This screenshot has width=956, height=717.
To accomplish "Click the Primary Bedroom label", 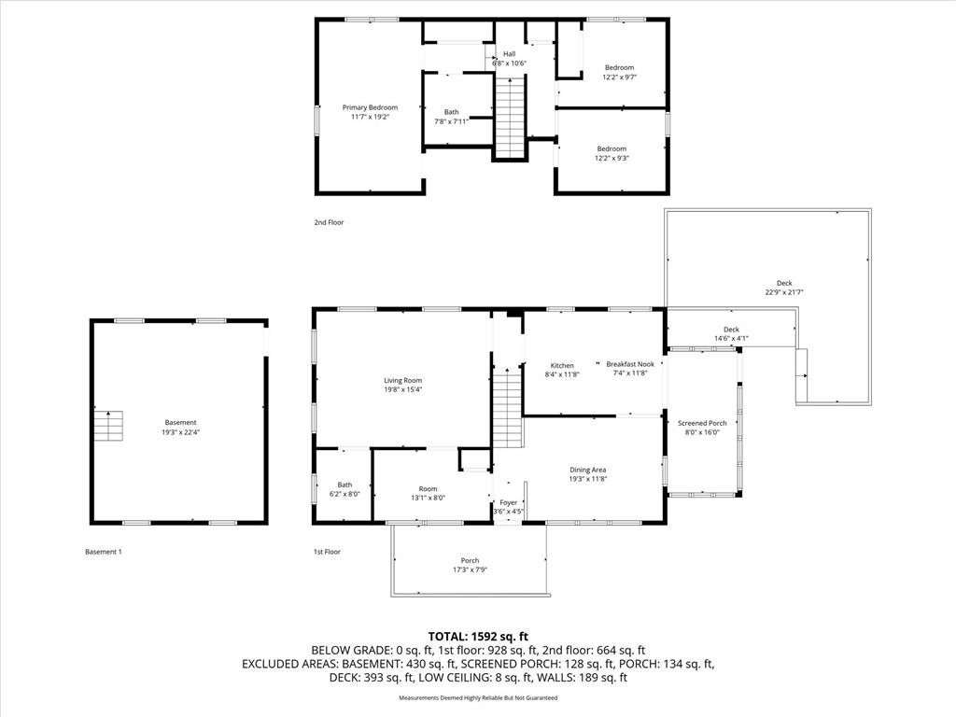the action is click(x=370, y=108).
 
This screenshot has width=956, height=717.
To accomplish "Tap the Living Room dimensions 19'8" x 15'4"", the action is click(x=403, y=389).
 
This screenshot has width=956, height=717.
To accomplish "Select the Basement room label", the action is click(x=180, y=423).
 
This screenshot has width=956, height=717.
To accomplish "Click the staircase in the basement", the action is click(x=108, y=426).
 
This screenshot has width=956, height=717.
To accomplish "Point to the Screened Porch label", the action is click(x=702, y=423).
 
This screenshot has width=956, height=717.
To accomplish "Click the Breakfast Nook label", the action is click(x=630, y=364).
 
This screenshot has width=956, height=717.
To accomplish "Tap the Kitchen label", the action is click(x=562, y=366).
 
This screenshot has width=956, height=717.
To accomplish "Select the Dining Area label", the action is click(x=588, y=471).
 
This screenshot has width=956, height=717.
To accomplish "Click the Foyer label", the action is click(x=509, y=503).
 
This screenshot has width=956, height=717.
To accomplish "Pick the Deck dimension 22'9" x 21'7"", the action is click(x=784, y=292).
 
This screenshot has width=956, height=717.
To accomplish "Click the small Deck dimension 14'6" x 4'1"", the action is click(x=731, y=338).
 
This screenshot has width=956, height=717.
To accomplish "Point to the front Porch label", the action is click(x=471, y=561).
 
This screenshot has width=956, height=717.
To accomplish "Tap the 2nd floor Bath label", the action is click(x=451, y=112).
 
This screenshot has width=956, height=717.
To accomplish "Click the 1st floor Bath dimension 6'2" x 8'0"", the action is click(x=344, y=494).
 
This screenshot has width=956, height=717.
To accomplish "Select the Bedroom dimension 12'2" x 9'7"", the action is click(x=620, y=77).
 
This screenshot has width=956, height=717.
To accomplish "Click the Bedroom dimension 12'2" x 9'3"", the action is click(x=612, y=158).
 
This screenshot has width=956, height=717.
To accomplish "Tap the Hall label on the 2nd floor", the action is click(x=509, y=54).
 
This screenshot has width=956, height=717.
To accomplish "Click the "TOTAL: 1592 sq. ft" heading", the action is click(x=478, y=637).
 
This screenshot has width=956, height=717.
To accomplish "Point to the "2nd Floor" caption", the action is click(x=329, y=222).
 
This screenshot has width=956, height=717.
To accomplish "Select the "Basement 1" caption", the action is click(x=104, y=552).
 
